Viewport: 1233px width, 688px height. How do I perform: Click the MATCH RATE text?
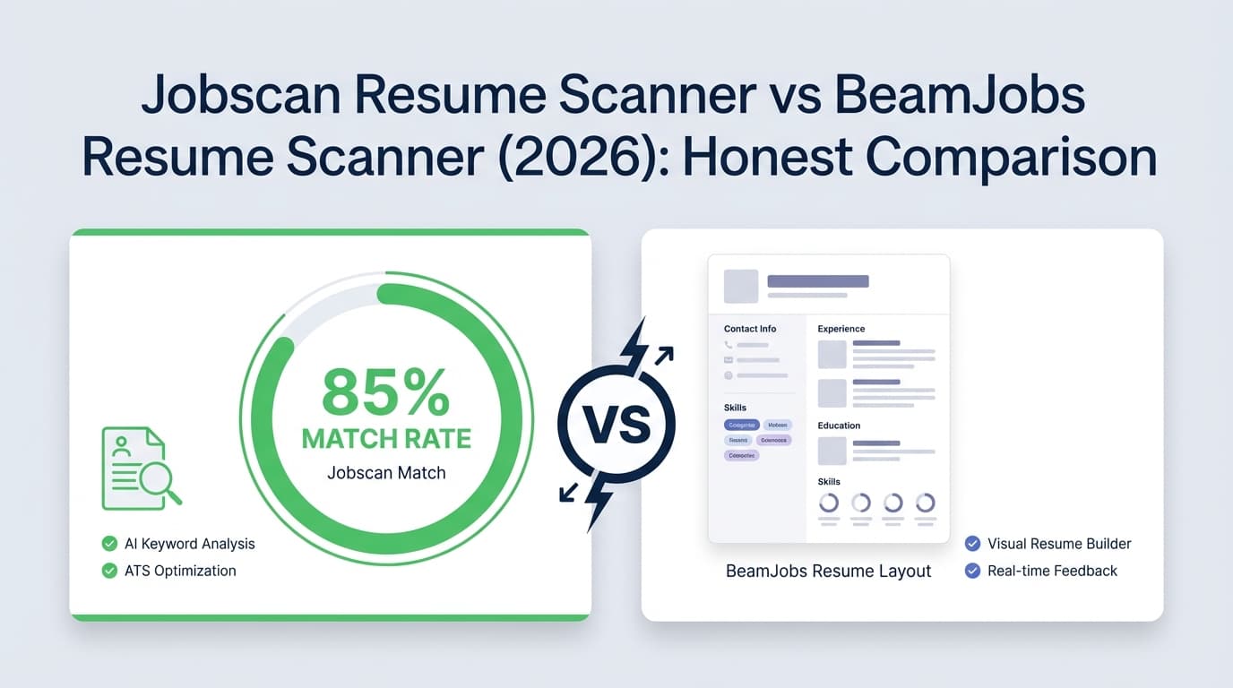(386, 439)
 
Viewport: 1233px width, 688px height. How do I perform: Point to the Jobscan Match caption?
(386, 472)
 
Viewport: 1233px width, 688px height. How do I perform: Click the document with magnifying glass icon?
(140, 469)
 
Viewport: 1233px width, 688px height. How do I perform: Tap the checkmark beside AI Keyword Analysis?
(109, 544)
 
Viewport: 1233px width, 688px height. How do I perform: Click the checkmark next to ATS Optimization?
(109, 571)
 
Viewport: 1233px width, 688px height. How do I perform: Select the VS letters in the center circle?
(616, 424)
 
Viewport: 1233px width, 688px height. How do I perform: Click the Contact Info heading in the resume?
(750, 329)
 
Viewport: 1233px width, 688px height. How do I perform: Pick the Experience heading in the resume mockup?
(841, 329)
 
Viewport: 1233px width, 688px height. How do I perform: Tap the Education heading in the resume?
(839, 426)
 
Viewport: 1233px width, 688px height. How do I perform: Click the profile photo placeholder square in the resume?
(741, 286)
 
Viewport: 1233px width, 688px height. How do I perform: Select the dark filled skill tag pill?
(741, 425)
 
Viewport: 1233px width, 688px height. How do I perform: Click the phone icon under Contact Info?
(729, 345)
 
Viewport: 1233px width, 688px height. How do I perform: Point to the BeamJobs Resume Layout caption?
(829, 571)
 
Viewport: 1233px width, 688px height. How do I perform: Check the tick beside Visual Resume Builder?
(972, 544)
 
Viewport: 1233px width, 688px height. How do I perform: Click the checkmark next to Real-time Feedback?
(972, 571)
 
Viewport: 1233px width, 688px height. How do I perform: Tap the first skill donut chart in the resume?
(829, 503)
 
